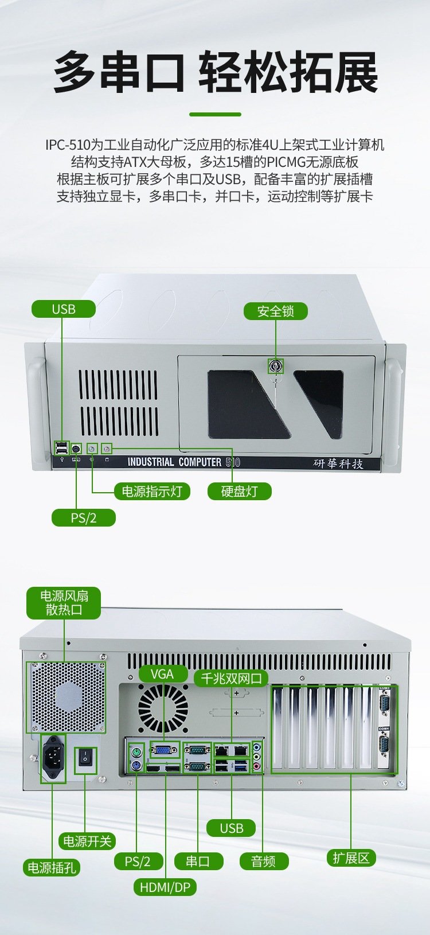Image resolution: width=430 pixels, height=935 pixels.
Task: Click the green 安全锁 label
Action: [276, 311]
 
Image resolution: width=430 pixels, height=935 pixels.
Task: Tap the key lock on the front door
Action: [275, 366]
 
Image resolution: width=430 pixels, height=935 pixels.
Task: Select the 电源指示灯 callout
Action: [153, 491]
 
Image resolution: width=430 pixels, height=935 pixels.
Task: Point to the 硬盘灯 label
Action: [240, 491]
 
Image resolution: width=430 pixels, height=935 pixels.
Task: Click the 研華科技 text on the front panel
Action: [338, 463]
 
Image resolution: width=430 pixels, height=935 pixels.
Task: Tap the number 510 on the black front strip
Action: [233, 462]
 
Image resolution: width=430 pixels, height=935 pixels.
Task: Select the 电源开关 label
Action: [87, 841]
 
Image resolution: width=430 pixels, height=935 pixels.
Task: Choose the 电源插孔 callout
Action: [52, 868]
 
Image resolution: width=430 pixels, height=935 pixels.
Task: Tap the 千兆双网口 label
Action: [232, 678]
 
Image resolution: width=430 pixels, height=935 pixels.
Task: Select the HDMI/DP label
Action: [165, 887]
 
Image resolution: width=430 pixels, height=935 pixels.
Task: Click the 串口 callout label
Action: [198, 861]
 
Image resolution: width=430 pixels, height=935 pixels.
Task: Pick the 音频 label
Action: [264, 861]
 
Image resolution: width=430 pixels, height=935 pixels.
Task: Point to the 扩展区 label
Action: [351, 858]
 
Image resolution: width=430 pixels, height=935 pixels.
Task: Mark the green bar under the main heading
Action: [215, 114]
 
